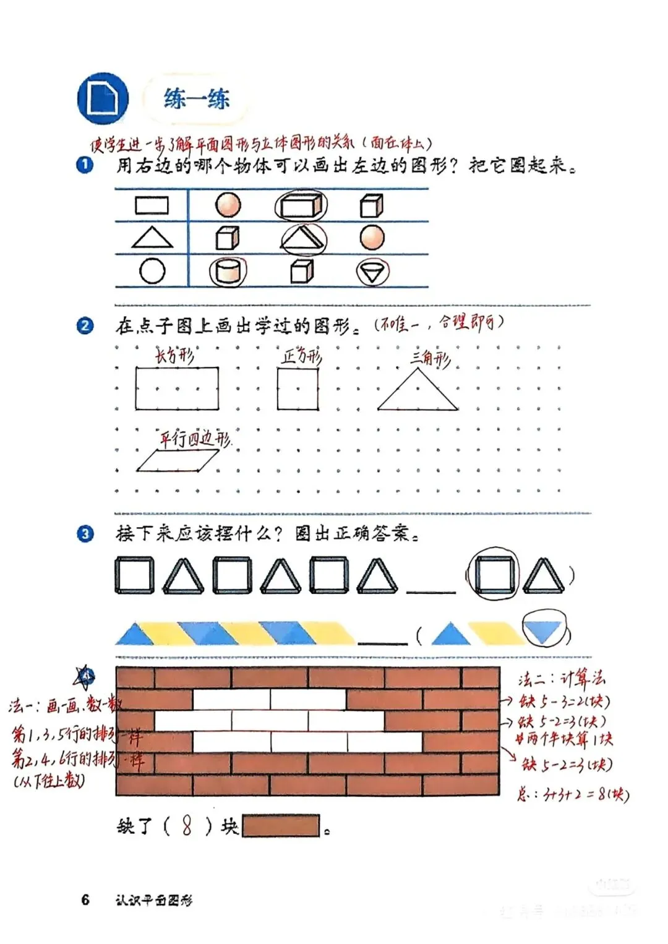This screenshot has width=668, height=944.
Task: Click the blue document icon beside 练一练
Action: click(103, 99)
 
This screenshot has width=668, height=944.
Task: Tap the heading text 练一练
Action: click(197, 99)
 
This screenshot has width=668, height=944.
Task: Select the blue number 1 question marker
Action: click(85, 165)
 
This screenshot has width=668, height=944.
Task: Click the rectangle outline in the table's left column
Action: click(152, 205)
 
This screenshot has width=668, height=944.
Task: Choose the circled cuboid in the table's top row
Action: click(301, 205)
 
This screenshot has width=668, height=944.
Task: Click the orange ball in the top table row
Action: click(228, 205)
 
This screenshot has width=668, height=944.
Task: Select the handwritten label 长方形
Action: click(175, 355)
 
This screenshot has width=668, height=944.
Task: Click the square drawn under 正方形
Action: click(298, 389)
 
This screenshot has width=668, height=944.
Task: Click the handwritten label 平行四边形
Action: click(195, 439)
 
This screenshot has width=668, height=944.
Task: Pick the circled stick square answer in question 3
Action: click(494, 575)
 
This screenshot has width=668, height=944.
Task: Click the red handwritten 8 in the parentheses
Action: click(187, 826)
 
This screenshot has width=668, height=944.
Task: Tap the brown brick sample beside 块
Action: click(281, 826)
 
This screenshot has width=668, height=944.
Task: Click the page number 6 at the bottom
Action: click(85, 899)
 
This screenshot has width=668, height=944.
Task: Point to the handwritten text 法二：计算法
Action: click(561, 679)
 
